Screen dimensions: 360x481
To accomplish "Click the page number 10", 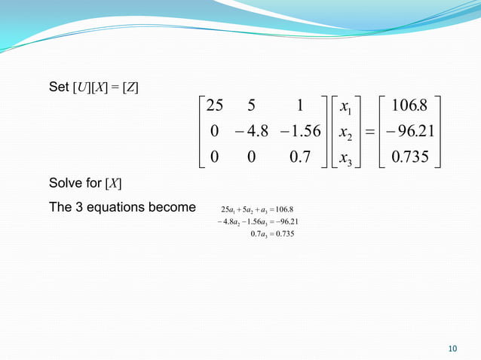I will click(452, 348).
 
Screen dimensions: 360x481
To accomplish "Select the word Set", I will click(58, 88).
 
